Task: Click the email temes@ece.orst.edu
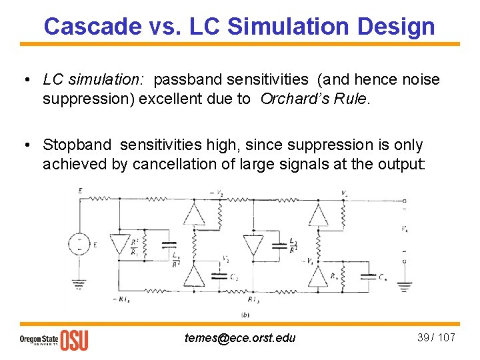click(x=240, y=337)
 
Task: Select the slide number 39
click(x=423, y=337)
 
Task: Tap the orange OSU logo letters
click(x=74, y=339)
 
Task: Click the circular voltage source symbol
click(x=79, y=245)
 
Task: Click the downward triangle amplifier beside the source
click(x=120, y=245)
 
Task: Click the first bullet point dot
click(x=24, y=81)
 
